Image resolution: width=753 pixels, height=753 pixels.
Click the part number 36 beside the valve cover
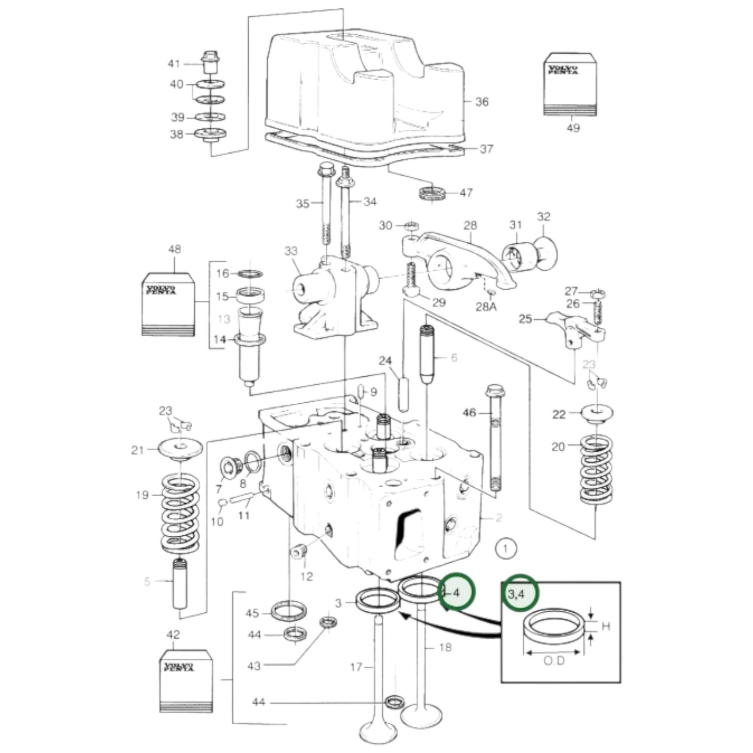pyautogui.click(x=482, y=102)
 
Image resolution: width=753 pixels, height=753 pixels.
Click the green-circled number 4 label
pyautogui.click(x=456, y=592)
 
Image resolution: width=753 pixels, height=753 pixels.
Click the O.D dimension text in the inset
pyautogui.click(x=554, y=661)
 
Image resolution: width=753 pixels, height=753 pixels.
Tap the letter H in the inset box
pyautogui.click(x=606, y=626)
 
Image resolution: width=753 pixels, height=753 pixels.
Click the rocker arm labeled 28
pyautogui.click(x=459, y=255)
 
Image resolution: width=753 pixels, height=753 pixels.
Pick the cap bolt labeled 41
pyautogui.click(x=209, y=63)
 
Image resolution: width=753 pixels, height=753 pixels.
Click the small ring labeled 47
pyautogui.click(x=433, y=193)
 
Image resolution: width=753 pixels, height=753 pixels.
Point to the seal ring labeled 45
pyautogui.click(x=289, y=611)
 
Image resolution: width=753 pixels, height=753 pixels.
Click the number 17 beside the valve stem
pyautogui.click(x=356, y=666)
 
